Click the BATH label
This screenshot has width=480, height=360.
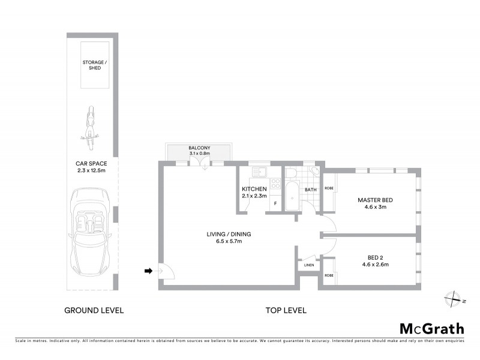coord(310,190)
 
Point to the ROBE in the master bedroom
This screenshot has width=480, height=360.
coord(329,188)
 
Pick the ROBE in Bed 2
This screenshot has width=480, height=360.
coord(329,275)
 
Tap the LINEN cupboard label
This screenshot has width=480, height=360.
coord(309,265)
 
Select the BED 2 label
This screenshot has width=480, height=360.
coord(375,260)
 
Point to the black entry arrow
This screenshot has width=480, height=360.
coord(148,271)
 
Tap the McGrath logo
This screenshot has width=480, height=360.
coord(431,328)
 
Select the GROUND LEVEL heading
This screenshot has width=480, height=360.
coord(94,310)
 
